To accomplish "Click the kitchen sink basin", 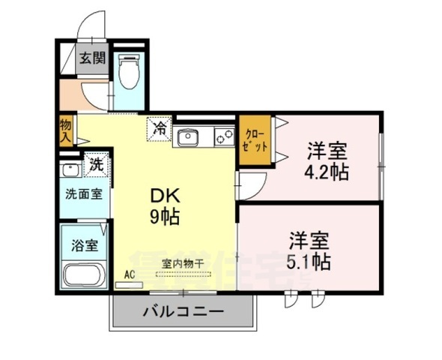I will [x=187, y=137].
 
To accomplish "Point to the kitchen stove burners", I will [x=223, y=136].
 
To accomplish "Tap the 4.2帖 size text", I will [x=326, y=170].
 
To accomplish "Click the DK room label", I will [x=165, y=196].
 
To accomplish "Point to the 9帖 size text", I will [x=166, y=219].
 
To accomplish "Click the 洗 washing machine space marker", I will [x=97, y=163].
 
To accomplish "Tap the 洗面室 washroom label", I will [x=82, y=193].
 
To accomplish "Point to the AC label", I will [x=129, y=275].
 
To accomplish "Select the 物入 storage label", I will [x=65, y=130].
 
